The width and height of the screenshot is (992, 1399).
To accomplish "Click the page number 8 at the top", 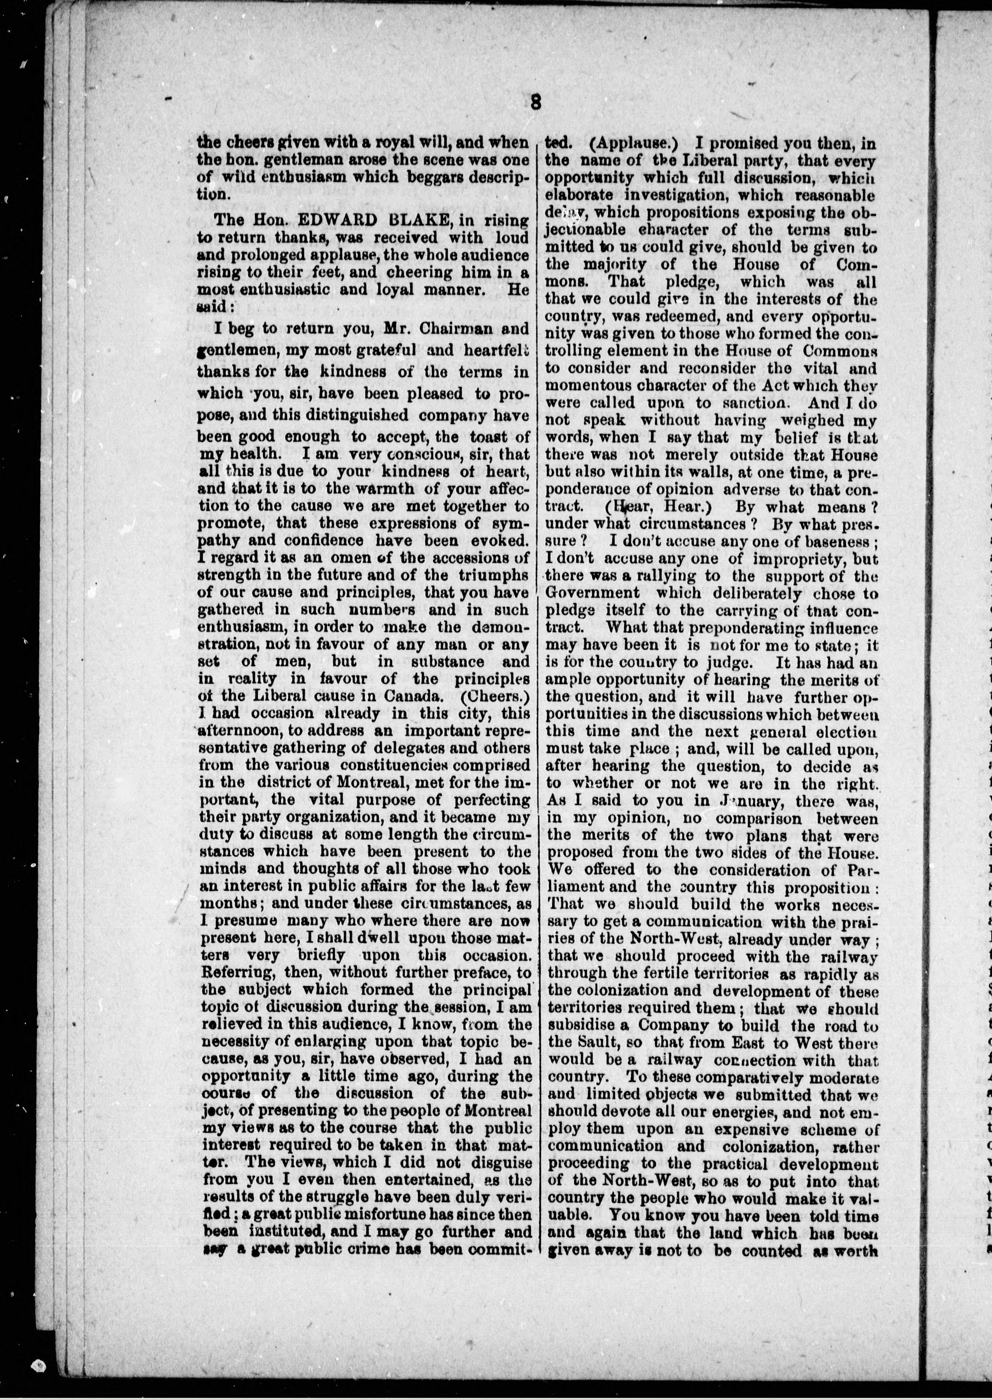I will point(536,102).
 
